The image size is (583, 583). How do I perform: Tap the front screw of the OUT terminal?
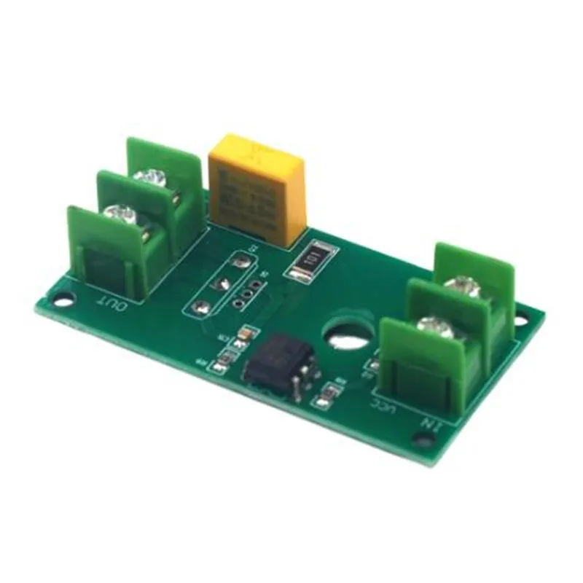[117, 214]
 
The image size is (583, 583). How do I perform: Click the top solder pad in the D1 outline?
[240, 260]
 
